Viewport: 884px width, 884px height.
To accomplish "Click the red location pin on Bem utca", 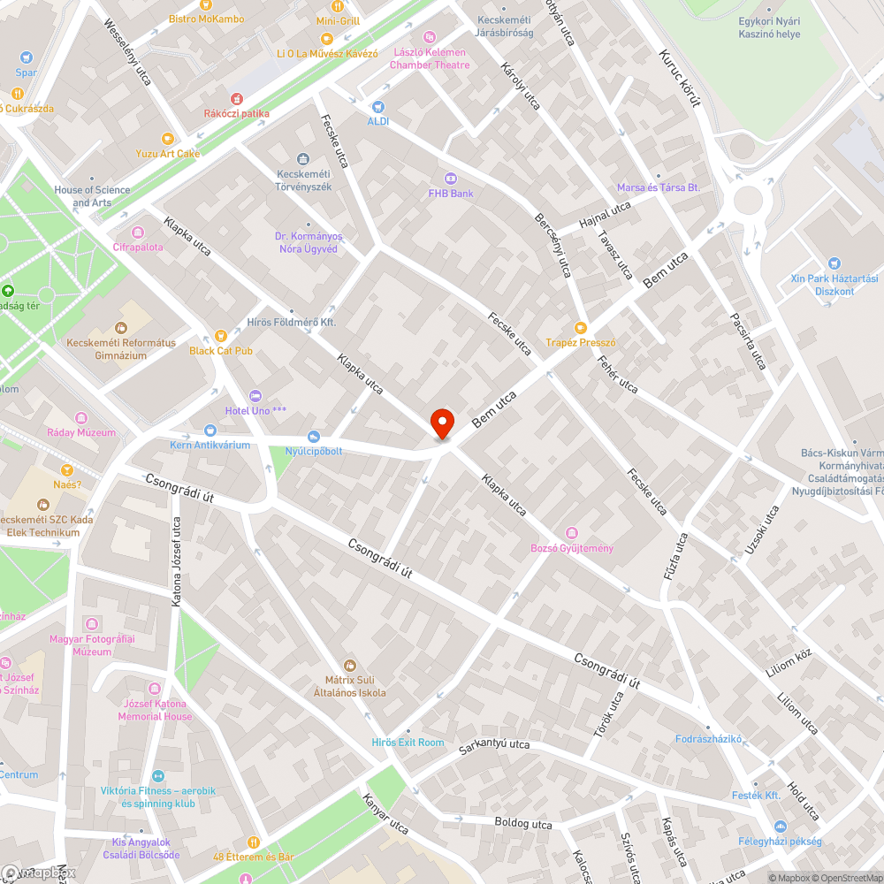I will tap(441, 423).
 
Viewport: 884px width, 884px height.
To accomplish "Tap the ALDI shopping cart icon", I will tap(378, 106).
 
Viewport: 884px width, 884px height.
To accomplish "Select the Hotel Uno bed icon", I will tap(255, 395).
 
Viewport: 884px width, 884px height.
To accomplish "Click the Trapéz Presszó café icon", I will tap(580, 327).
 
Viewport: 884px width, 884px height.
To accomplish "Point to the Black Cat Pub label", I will tap(221, 350).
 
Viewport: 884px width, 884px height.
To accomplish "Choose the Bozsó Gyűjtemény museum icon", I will tap(571, 533).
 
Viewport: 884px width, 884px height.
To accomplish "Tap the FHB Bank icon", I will tap(450, 178).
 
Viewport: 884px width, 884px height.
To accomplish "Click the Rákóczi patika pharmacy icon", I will tap(236, 98).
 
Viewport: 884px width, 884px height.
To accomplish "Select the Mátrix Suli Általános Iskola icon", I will tap(350, 665).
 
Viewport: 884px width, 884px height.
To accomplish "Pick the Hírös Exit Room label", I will tap(408, 742).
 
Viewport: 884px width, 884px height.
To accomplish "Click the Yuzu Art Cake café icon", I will tap(168, 138).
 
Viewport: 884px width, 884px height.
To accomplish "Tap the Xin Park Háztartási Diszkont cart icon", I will tap(834, 263).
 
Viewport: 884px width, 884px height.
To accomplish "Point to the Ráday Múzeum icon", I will tap(81, 417).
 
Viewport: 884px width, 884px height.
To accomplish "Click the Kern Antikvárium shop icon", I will tap(210, 430).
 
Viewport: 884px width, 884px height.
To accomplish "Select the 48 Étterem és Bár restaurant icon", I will tap(254, 842).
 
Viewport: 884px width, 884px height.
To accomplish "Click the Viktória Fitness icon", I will tap(159, 775).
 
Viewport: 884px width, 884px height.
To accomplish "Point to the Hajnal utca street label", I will tap(606, 213).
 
